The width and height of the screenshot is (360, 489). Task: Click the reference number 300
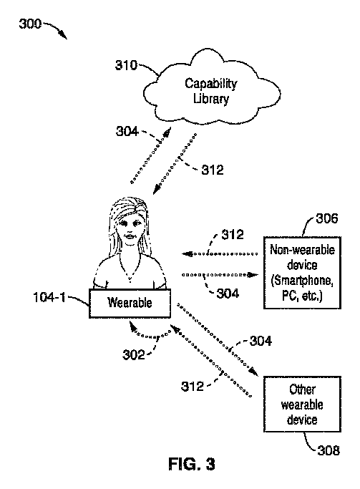30,24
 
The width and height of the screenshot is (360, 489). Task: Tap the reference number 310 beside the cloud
126,65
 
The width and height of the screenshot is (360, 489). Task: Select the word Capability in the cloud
210,84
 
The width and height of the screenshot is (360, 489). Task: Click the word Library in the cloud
211,99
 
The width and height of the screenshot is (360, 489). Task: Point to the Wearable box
130,304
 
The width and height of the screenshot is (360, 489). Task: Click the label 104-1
49,297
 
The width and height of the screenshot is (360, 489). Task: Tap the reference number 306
326,218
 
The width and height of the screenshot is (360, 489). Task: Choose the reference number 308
329,450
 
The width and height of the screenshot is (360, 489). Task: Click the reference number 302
134,355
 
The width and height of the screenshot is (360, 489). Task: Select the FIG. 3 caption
192,464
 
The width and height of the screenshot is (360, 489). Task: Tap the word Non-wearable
302,250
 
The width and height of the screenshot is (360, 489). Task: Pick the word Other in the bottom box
302,389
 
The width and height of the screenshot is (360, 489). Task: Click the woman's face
130,229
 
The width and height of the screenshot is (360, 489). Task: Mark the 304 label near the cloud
127,131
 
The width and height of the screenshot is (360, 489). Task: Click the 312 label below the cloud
213,170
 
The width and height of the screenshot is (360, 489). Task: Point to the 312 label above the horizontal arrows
233,235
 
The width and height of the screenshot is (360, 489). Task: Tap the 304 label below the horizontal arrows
228,294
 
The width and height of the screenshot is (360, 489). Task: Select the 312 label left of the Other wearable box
193,387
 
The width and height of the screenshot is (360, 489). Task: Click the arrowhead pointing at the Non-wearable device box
253,275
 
